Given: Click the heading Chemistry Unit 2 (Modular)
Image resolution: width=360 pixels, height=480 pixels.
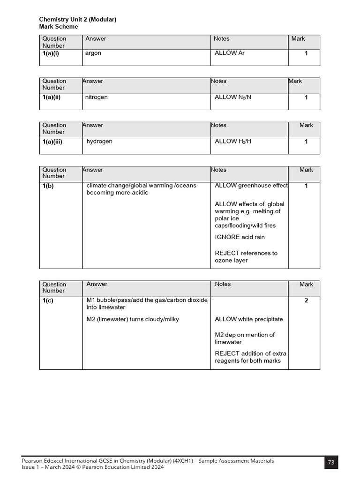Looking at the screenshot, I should coord(77,19).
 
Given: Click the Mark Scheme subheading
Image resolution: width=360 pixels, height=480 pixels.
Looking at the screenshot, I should coord(59,27).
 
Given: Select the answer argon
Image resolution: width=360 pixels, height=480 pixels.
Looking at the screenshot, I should coord(93,53).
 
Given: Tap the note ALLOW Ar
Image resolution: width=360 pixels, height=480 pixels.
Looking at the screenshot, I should coord(229,53).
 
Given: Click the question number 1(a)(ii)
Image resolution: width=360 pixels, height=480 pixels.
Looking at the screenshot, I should coord(52,97).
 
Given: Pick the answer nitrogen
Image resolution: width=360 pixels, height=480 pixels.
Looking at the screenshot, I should coord(96,97).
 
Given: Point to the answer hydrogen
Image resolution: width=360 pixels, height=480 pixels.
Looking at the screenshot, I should coord(99,141).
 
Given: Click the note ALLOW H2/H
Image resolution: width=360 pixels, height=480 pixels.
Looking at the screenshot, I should coord(233,141).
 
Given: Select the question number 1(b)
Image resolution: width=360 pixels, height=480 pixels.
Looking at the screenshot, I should coord(48,186).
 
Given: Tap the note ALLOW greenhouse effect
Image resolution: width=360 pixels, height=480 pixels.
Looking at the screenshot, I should coord(251,186).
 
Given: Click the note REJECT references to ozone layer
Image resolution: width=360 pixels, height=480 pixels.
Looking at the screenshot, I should coord(246,256).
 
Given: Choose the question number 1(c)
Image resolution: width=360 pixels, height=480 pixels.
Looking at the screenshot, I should coord(48,300).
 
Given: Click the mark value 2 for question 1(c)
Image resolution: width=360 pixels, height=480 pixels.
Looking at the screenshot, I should coord(306,300).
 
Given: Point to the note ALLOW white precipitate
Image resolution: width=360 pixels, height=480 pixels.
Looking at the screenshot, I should coord(249,319).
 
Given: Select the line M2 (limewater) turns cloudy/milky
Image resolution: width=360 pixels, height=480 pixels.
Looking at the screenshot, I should coord(133,319).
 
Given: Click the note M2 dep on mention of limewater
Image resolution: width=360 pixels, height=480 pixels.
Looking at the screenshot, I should coord(245,338).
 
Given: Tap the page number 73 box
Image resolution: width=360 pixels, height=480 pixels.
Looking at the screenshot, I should coord(331,462).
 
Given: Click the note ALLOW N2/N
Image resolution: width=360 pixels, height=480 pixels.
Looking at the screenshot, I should coord(233,97).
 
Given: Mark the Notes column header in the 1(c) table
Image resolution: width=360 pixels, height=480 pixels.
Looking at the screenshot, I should coord(223,284).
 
